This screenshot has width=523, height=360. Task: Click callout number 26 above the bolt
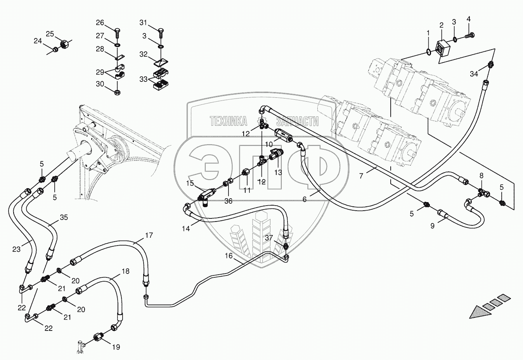click(x=100, y=22)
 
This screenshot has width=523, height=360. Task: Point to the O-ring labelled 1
click(x=428, y=52)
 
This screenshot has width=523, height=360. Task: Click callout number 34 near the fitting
click(x=474, y=74)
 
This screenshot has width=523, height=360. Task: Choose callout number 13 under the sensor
click(x=278, y=173)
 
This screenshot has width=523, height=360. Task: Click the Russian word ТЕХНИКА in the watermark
click(x=228, y=121)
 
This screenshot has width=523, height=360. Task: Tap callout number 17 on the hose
click(x=149, y=235)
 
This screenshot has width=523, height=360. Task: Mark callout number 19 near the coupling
click(x=116, y=347)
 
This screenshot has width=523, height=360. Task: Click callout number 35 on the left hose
click(x=64, y=217)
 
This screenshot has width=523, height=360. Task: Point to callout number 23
click(x=16, y=249)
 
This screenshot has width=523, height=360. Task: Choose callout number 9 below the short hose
click(x=432, y=225)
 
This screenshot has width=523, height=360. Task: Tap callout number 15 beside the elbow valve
click(x=190, y=183)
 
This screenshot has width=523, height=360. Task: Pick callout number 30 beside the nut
click(x=100, y=84)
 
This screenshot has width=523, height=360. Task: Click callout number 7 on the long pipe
click(x=361, y=176)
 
